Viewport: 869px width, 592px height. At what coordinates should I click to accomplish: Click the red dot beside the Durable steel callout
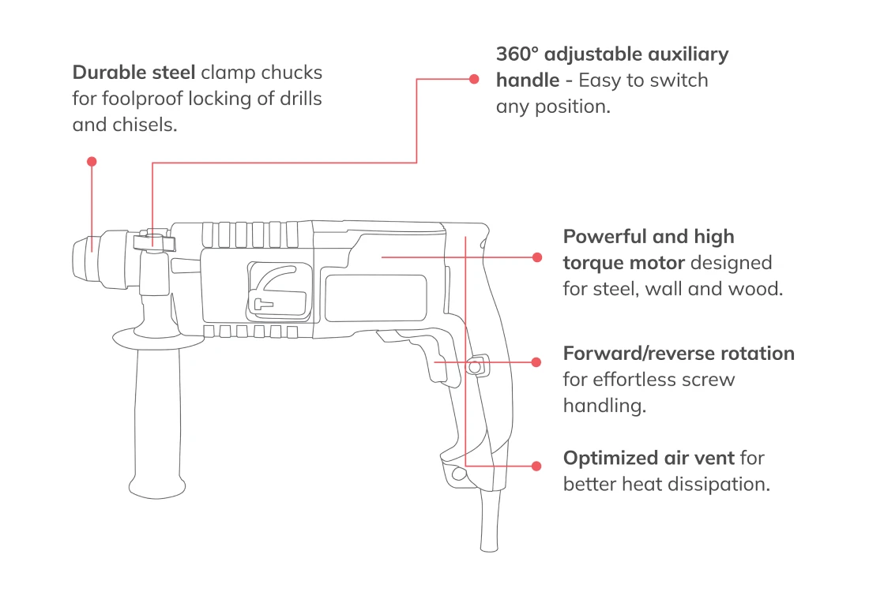click(92, 161)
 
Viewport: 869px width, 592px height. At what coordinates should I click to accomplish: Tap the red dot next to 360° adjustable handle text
click(474, 79)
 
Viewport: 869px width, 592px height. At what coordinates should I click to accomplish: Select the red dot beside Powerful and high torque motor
click(537, 257)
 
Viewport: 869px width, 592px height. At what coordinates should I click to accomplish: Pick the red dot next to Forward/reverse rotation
click(537, 362)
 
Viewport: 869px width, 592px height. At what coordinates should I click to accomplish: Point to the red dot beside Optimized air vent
click(537, 466)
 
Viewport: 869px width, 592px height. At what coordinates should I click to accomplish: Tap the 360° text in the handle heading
click(517, 54)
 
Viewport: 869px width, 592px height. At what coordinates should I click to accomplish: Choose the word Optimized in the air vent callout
click(606, 458)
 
